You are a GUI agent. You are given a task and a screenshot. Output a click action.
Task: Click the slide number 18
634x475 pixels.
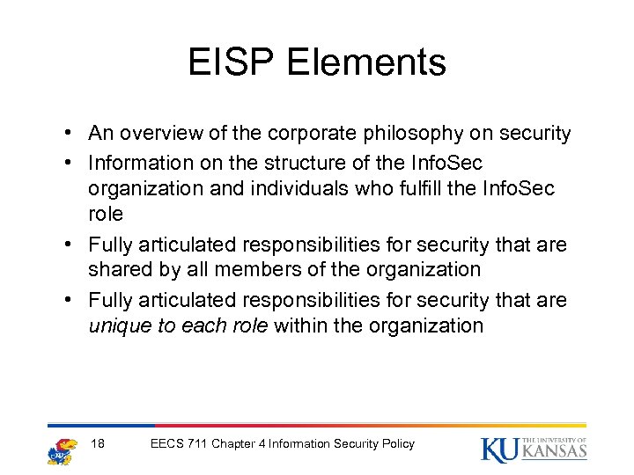(x=99, y=443)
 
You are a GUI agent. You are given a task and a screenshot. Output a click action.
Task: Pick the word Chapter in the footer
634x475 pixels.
(x=235, y=443)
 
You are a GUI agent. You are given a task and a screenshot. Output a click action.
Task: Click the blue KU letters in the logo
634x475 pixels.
(x=499, y=449)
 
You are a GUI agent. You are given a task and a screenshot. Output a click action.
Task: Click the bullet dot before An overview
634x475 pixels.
(x=68, y=135)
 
